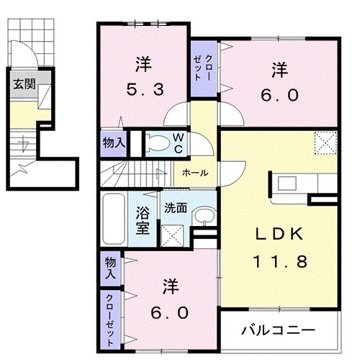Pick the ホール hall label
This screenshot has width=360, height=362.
pos(195,173)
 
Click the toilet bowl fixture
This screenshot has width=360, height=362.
pos(155,143)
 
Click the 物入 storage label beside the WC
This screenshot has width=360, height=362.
pos(114,142)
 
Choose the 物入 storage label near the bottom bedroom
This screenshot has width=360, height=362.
pos(110,268)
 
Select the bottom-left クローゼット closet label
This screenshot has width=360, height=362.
pos(110,317)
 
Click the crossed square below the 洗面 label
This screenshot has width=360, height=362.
pos(173,234)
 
